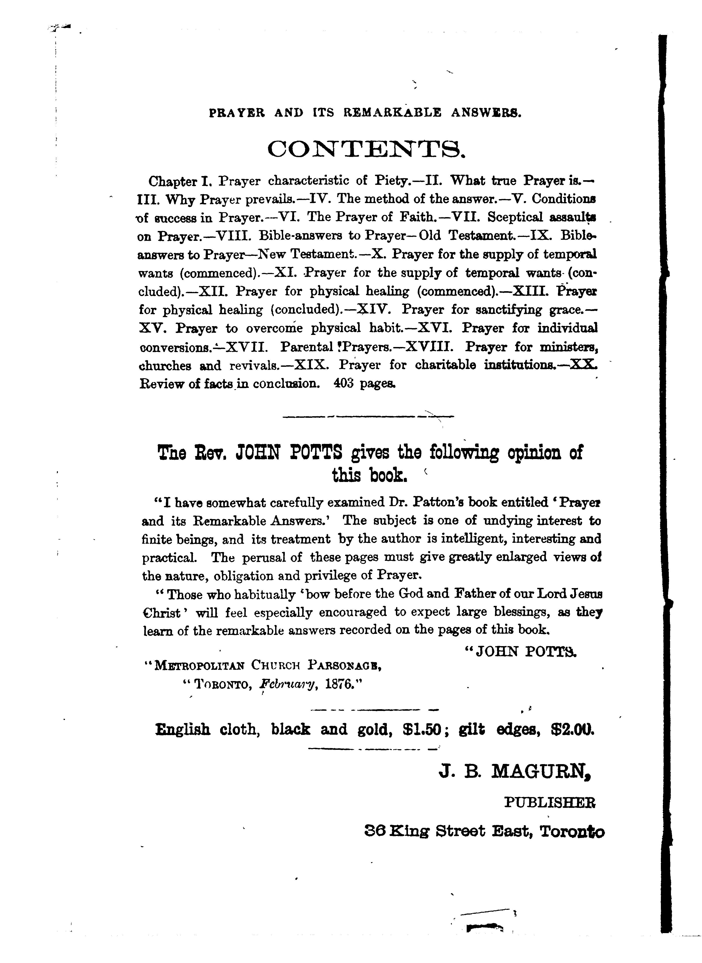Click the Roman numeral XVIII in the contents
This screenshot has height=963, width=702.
tap(429, 347)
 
